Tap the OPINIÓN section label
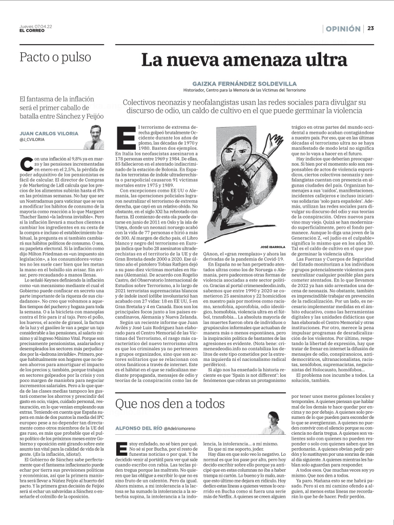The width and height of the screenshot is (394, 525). pyautogui.click(x=342, y=29)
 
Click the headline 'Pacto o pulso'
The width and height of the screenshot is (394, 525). pyautogui.click(x=55, y=57)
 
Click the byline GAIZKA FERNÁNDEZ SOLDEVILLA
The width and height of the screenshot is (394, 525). pyautogui.click(x=244, y=83)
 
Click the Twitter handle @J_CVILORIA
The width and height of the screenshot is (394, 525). pyautogui.click(x=32, y=139)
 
